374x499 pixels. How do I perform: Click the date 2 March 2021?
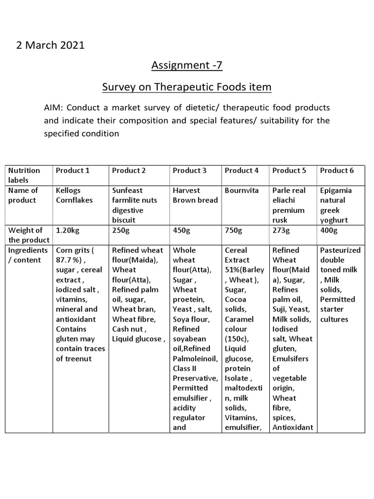pyautogui.click(x=51, y=45)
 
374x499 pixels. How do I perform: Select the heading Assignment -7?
pyautogui.click(x=187, y=65)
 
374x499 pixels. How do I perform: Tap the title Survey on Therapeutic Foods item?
pyautogui.click(x=187, y=87)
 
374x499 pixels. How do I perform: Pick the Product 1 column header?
pyautogui.click(x=73, y=171)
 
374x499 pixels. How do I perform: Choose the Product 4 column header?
pyautogui.click(x=242, y=171)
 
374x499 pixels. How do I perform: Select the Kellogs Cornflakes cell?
pyautogui.click(x=75, y=195)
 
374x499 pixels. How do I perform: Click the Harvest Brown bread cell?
pyautogui.click(x=195, y=195)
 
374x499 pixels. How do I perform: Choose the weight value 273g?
pyautogui.click(x=281, y=230)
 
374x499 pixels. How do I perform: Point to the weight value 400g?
pyautogui.click(x=329, y=230)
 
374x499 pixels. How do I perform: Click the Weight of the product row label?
pyautogui.click(x=28, y=235)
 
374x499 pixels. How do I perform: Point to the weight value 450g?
pyautogui.click(x=182, y=230)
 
